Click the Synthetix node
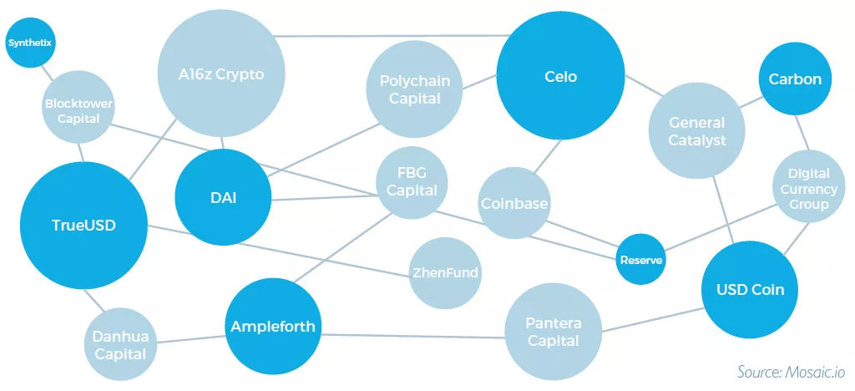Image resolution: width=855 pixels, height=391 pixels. pyautogui.click(x=31, y=43)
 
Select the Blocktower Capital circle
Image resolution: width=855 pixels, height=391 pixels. pyautogui.click(x=79, y=108)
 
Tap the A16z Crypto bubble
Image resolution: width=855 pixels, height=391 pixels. pyautogui.click(x=220, y=74)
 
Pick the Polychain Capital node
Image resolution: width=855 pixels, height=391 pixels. pyautogui.click(x=414, y=89)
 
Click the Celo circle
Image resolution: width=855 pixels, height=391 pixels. pyautogui.click(x=560, y=76)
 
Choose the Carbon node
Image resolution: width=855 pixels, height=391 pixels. pyautogui.click(x=795, y=79)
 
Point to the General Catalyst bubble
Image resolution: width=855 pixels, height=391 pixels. pyautogui.click(x=697, y=131)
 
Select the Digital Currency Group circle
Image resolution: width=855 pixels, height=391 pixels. pyautogui.click(x=808, y=186)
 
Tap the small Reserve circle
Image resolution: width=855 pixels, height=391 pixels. pyautogui.click(x=641, y=259)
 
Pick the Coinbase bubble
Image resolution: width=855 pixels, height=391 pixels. pyautogui.click(x=514, y=203)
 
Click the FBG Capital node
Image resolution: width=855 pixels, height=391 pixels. pyautogui.click(x=412, y=183)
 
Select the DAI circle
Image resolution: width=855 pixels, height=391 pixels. pyautogui.click(x=223, y=197)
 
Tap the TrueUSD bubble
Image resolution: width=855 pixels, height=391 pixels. pyautogui.click(x=83, y=226)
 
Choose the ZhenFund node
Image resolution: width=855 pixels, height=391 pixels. pyautogui.click(x=445, y=273)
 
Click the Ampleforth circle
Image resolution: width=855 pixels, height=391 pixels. pyautogui.click(x=273, y=327)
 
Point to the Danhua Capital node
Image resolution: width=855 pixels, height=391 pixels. pyautogui.click(x=120, y=345)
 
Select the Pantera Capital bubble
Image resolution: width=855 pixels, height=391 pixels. pyautogui.click(x=553, y=332)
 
